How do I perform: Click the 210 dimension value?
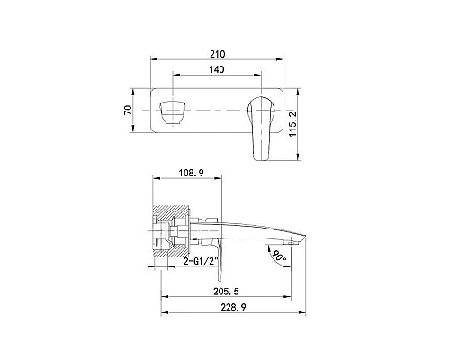point(218,54)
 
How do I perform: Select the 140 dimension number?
point(217,69)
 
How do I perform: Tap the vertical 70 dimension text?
point(128,110)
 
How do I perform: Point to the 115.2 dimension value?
point(292,124)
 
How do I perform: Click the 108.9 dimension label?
point(191,173)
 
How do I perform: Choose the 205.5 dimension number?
point(226,292)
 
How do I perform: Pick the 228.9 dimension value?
point(233,307)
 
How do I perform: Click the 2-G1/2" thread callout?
point(200,261)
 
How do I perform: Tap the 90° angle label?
point(279,255)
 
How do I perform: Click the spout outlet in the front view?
point(173,112)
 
